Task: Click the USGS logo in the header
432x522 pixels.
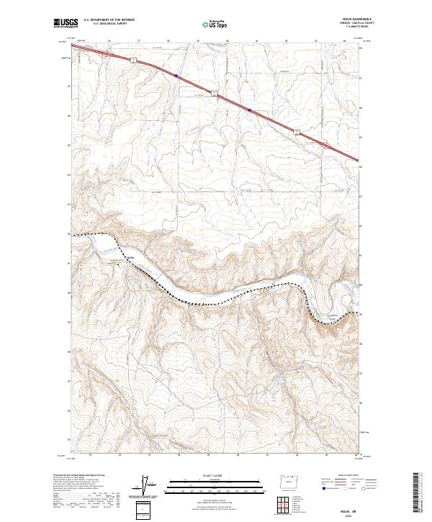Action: [63, 23]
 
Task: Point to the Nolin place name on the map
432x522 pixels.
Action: [130, 258]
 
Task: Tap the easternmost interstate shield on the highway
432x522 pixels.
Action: [296, 131]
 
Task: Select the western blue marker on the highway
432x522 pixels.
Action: [176, 76]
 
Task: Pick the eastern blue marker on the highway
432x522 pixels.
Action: [250, 110]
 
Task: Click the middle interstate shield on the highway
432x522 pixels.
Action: [213, 94]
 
